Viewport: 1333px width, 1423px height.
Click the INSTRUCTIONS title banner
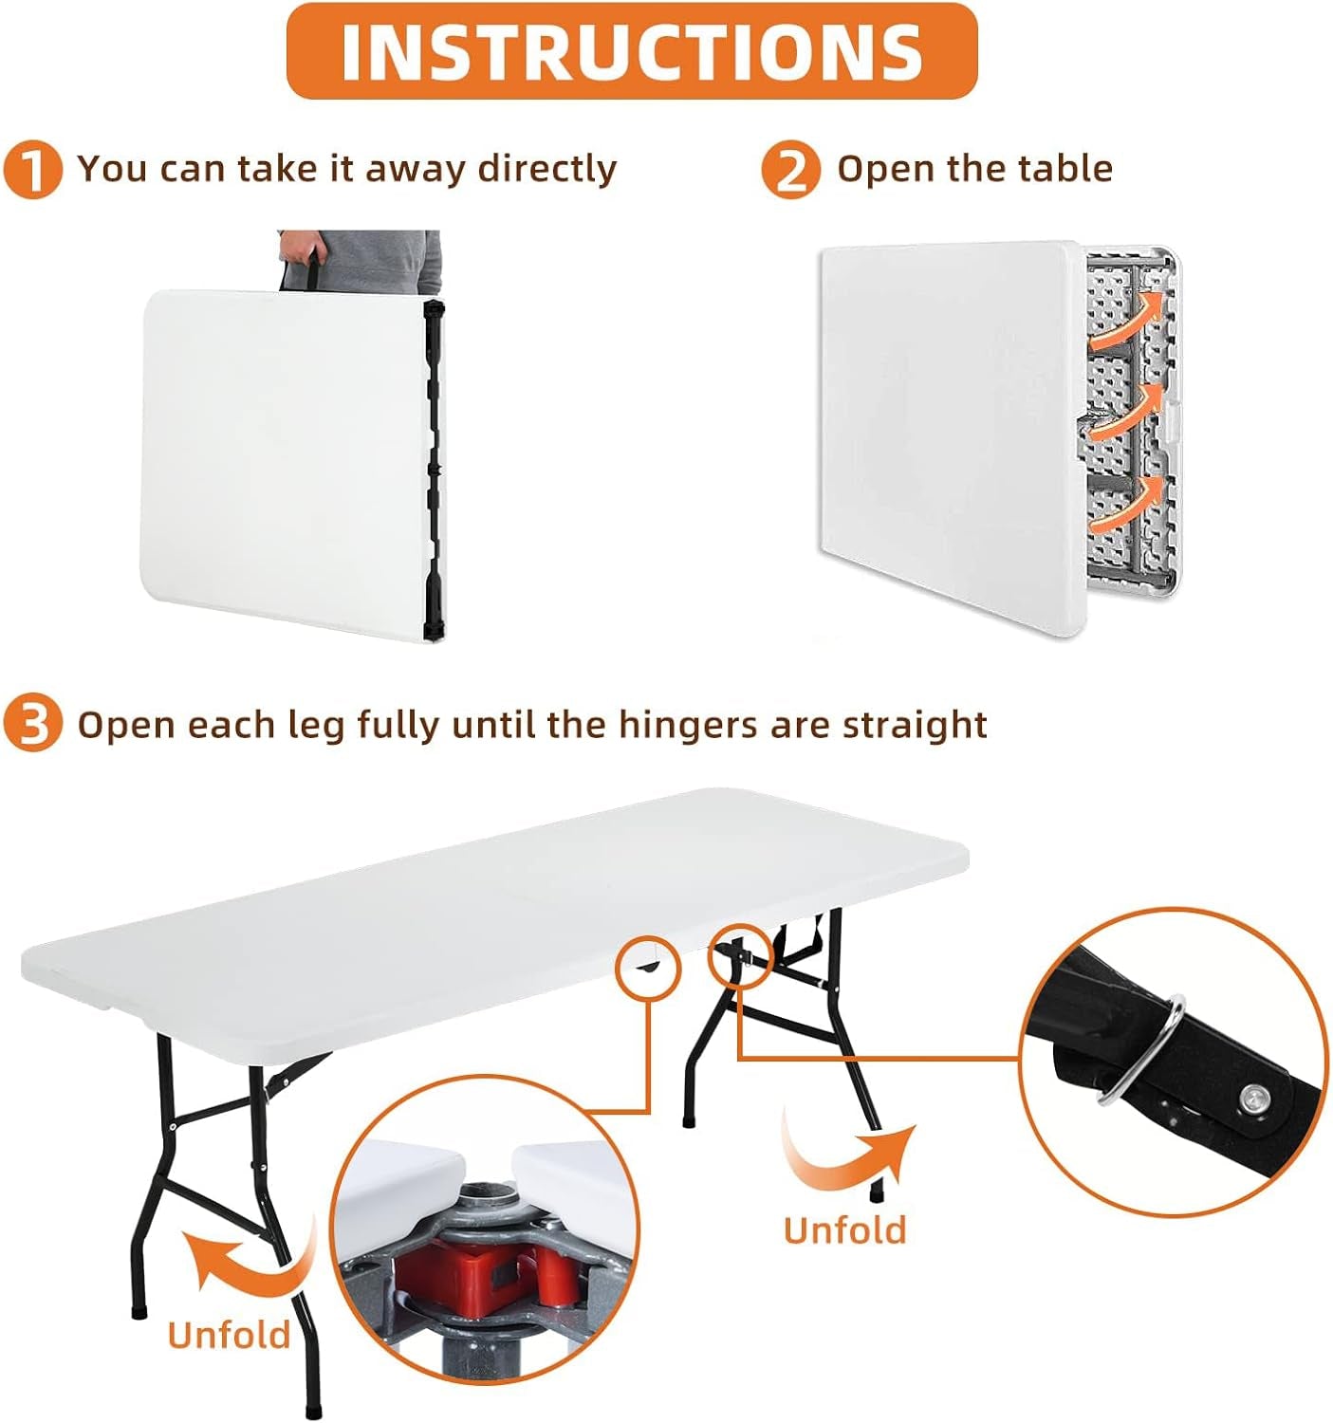point(631,51)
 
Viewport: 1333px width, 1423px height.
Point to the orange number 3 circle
point(33,725)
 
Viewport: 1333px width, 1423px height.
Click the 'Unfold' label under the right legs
point(844,1229)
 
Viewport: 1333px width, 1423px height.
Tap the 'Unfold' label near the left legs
point(229,1334)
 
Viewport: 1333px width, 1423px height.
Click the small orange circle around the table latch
point(648,967)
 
